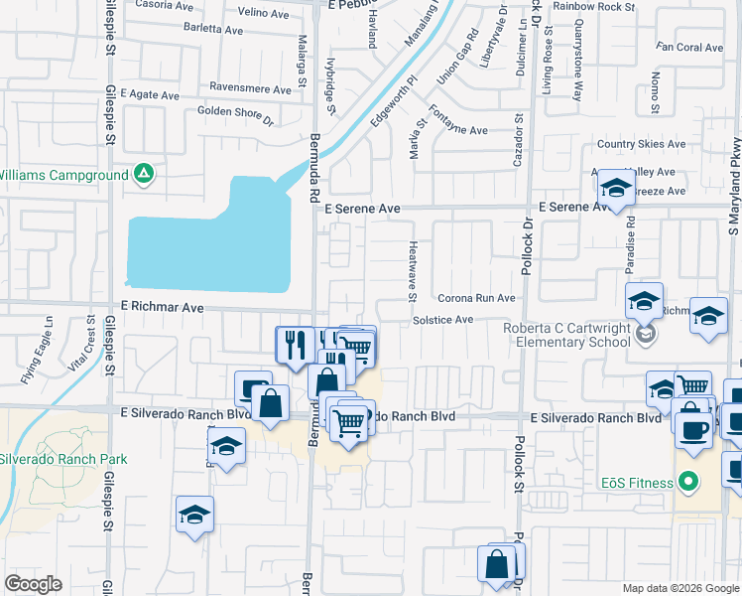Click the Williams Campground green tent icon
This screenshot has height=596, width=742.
(145, 175)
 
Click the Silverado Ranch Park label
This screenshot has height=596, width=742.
(63, 460)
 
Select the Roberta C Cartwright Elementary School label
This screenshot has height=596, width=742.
(566, 335)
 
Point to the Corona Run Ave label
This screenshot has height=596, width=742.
(476, 298)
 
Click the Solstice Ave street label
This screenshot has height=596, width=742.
(442, 320)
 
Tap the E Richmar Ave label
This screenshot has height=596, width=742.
(163, 309)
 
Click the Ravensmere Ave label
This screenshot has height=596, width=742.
(251, 86)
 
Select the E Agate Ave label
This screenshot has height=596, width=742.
(150, 95)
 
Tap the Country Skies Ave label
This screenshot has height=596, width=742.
(641, 144)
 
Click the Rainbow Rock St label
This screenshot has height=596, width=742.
(593, 6)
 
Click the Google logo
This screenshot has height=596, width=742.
(34, 584)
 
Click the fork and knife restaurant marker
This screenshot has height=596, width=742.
(295, 345)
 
